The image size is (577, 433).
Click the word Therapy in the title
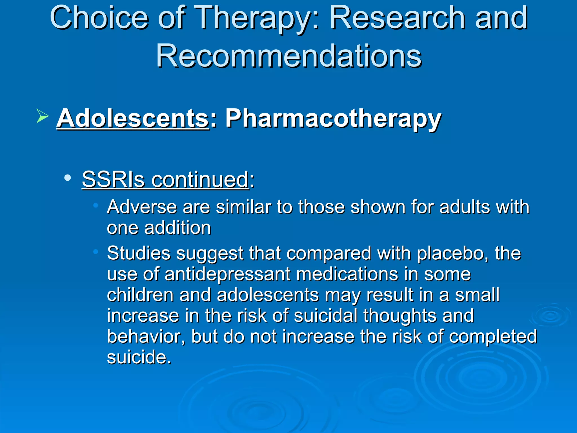(256, 18)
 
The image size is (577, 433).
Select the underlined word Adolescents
(133, 118)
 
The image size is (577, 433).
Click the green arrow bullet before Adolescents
(42, 116)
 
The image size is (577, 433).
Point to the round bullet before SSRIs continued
(67, 178)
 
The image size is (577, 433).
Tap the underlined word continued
(200, 179)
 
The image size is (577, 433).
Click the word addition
(177, 227)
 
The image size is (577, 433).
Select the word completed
(493, 336)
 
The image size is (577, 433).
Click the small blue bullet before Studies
(96, 251)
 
